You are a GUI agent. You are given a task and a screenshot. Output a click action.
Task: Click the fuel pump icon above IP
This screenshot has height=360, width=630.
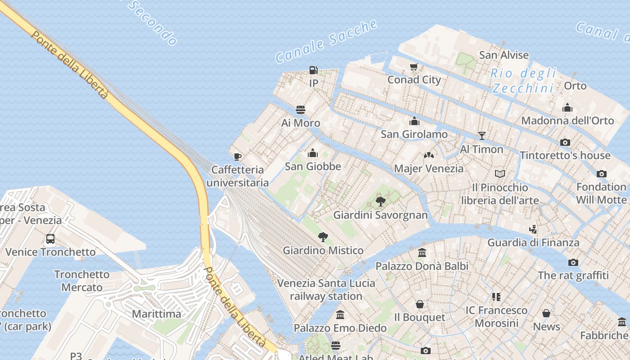(314, 70)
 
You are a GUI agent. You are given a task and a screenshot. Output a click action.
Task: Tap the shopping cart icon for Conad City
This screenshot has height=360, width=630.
(414, 67)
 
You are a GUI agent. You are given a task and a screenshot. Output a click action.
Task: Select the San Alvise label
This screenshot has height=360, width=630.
(504, 55)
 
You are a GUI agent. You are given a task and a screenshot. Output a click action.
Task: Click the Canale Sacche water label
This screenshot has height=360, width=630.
(326, 41)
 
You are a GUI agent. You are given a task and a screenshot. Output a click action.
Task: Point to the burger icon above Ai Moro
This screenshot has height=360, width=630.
(301, 110)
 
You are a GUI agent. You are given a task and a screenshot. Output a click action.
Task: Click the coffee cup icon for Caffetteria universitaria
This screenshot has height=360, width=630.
(238, 157)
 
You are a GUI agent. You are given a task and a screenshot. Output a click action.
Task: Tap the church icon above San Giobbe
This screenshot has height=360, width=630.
(313, 153)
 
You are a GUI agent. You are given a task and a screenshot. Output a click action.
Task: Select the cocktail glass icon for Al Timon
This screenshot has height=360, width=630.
(481, 135)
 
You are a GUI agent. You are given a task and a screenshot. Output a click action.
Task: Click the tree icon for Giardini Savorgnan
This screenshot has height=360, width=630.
(380, 201)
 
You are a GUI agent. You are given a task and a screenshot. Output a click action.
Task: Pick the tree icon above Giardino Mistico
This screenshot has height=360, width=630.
(323, 237)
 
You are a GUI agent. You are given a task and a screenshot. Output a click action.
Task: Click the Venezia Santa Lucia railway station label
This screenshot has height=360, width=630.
(326, 289)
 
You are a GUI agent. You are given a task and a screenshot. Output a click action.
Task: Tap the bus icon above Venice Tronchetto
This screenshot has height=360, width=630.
(50, 238)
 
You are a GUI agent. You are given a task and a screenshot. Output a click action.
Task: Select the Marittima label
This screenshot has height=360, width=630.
(156, 314)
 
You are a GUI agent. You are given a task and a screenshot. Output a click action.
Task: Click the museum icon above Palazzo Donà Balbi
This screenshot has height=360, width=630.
(422, 252)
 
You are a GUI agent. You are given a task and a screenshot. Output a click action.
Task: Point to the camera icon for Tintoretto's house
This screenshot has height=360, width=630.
(565, 142)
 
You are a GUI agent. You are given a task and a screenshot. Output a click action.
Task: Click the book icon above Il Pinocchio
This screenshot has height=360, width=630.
(499, 174)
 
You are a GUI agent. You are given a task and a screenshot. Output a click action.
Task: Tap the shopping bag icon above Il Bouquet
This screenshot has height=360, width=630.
(419, 304)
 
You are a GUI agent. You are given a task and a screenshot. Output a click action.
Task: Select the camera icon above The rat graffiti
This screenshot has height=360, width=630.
(573, 262)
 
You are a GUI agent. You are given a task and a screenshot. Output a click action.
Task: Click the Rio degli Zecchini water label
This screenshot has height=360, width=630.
(523, 80)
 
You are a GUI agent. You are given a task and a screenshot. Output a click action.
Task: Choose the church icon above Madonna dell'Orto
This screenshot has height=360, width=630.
(567, 108)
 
